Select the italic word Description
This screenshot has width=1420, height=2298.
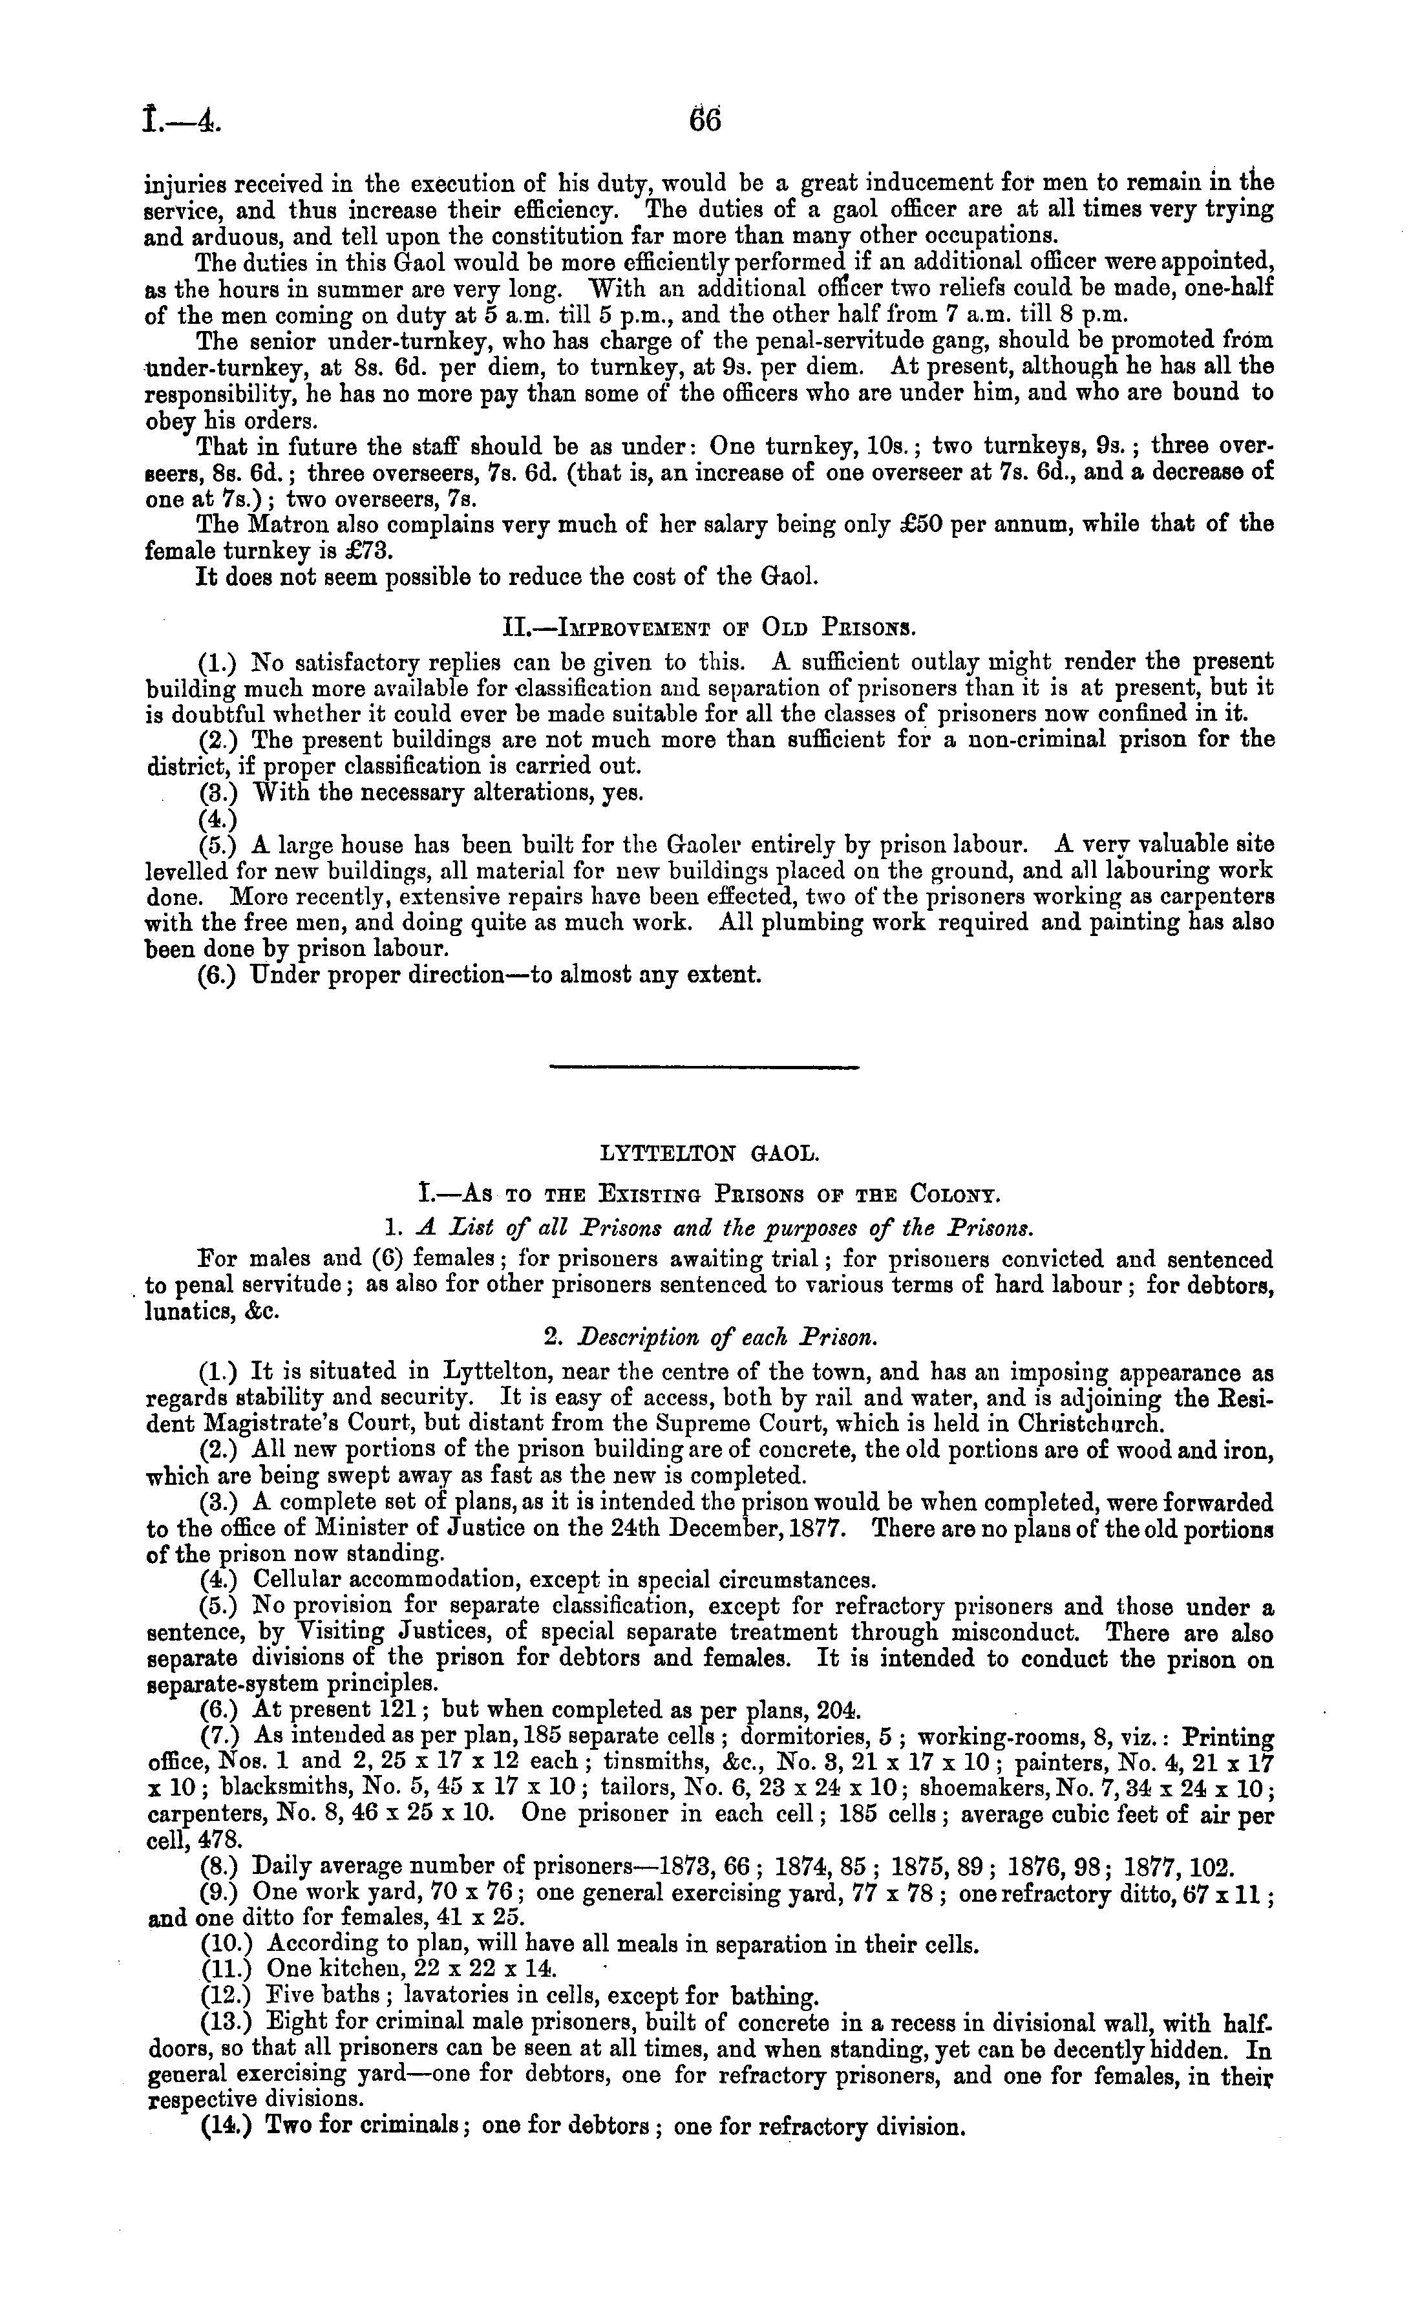[x=634, y=1336]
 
